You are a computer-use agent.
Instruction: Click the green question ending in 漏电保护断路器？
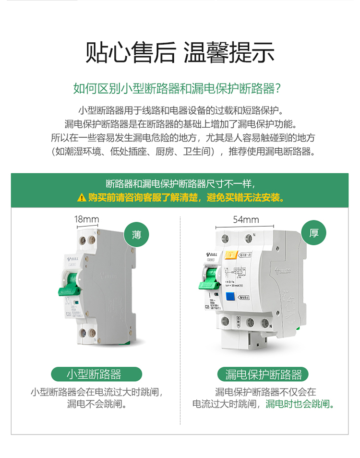pos(180,89)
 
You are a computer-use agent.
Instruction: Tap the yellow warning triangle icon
pos(81,197)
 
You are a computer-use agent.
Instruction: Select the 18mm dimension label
pos(86,220)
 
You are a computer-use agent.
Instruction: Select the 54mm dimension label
pos(246,220)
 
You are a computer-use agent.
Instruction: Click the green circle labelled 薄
pos(136,235)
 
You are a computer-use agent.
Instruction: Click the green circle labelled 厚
pos(314,234)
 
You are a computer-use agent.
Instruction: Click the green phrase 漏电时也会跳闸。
pos(300,404)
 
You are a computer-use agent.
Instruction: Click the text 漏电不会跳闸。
pos(97,404)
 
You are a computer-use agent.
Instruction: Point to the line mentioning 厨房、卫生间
pos(180,152)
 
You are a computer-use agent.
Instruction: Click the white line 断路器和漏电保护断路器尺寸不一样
pos(180,184)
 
